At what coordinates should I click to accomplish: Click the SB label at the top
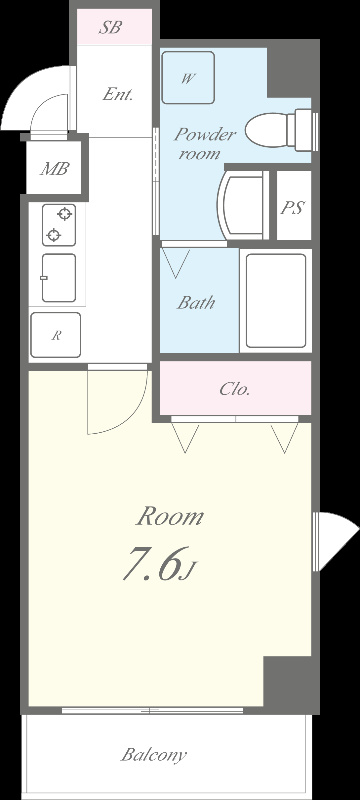click(x=110, y=28)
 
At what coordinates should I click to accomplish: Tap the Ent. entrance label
click(x=118, y=94)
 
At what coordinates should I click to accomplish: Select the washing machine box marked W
click(x=188, y=78)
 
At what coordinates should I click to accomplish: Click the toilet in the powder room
click(x=281, y=130)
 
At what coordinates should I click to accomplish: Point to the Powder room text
click(x=205, y=143)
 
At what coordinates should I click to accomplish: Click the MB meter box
click(x=55, y=167)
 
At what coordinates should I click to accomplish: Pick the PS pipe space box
click(x=294, y=206)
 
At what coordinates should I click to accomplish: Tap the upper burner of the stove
click(x=65, y=214)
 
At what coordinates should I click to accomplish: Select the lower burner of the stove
click(x=53, y=235)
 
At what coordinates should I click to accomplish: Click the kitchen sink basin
click(x=59, y=278)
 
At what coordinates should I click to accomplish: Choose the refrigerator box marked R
click(x=56, y=335)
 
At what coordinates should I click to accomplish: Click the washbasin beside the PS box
click(x=242, y=206)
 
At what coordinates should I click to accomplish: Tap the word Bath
click(x=196, y=303)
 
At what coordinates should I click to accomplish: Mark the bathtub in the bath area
click(x=276, y=301)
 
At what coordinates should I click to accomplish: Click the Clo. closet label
click(x=235, y=390)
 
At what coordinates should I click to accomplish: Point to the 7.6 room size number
click(x=153, y=563)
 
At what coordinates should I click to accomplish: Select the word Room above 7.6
click(x=170, y=517)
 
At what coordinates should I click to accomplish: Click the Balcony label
click(x=153, y=755)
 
